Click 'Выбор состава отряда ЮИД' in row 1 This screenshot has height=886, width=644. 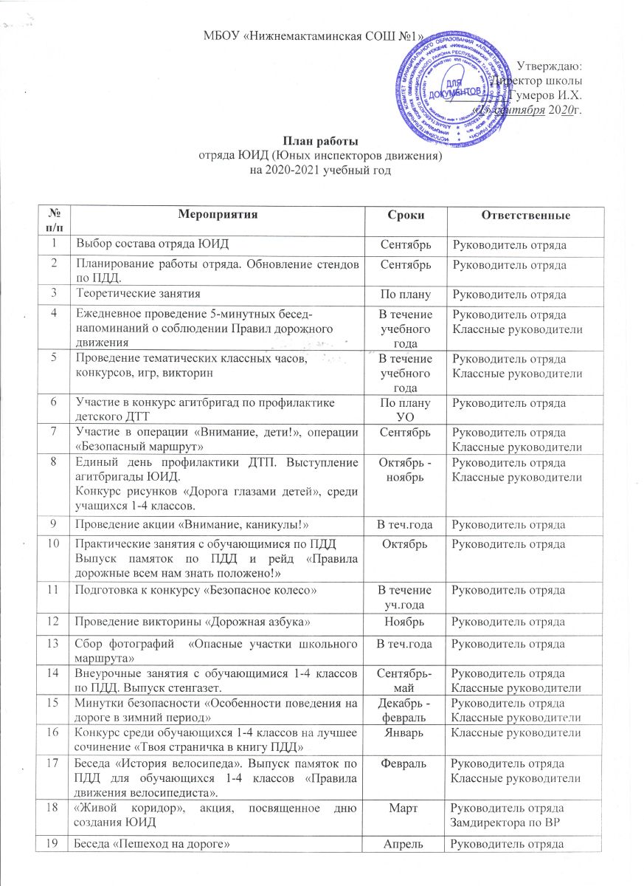[x=142, y=244]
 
